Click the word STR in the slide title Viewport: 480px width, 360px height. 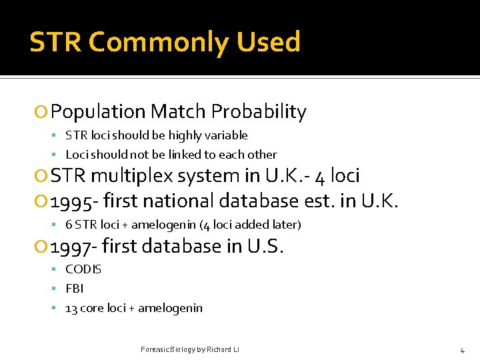click(x=55, y=42)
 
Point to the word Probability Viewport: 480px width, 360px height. click(x=263, y=112)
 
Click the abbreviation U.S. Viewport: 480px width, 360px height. click(x=265, y=247)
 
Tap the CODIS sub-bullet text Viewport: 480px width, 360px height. click(x=83, y=269)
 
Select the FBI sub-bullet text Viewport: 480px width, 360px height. click(x=74, y=289)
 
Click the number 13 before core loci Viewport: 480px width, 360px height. click(x=71, y=308)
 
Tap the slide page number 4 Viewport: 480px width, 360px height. click(x=462, y=350)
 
